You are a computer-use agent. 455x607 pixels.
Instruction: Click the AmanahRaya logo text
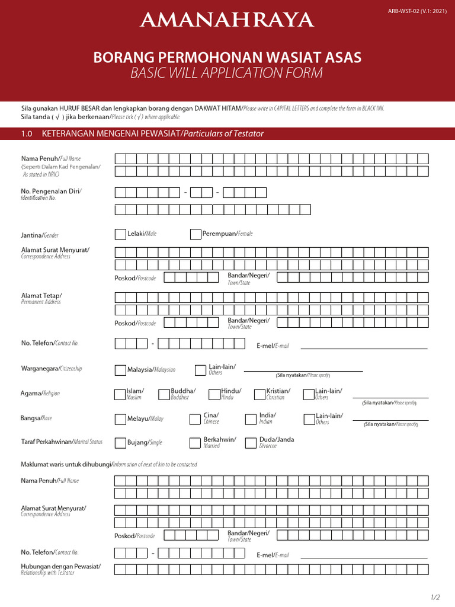(x=227, y=21)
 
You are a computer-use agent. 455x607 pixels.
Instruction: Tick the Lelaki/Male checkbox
(x=120, y=234)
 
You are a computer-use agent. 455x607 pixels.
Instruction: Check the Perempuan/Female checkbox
(x=196, y=234)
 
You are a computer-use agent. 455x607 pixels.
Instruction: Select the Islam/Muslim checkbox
(x=120, y=394)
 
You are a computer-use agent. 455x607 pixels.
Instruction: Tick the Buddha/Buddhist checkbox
(x=165, y=394)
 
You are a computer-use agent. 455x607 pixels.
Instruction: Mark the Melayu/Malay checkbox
(x=120, y=419)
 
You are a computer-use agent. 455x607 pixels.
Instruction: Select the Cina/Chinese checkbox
(x=195, y=419)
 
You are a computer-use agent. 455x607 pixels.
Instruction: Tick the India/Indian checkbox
(x=250, y=419)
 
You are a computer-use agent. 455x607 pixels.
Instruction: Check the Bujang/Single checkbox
(x=120, y=443)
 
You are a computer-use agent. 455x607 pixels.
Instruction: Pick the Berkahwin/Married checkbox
(x=195, y=443)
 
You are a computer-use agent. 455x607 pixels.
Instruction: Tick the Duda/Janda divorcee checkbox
(x=250, y=443)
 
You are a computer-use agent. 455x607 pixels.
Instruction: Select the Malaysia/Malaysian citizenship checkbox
(x=120, y=370)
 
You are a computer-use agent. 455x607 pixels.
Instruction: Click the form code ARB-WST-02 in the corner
(x=417, y=11)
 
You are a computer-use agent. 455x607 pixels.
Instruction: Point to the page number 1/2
(x=435, y=596)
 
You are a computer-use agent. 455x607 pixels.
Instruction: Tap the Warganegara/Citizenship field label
(x=52, y=369)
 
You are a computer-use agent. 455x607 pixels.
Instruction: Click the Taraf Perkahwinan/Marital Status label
(x=62, y=442)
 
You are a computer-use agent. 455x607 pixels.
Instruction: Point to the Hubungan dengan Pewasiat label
(x=61, y=567)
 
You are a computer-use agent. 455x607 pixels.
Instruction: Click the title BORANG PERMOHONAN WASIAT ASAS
(x=227, y=57)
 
